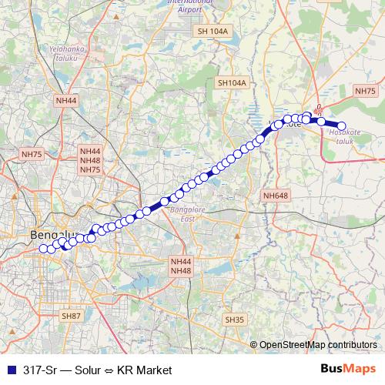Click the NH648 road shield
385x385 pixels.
coord(275,196)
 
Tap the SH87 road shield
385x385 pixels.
coord(71,316)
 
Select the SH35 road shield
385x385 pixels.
coord(234,319)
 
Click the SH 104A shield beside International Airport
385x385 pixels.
coord(213,31)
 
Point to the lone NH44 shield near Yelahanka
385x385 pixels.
coord(66,100)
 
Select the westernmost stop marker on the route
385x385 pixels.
coord(43,248)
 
